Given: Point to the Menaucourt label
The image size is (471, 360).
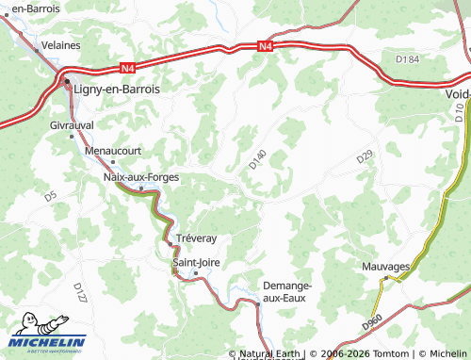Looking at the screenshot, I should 112,149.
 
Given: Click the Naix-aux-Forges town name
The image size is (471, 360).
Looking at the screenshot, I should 140,176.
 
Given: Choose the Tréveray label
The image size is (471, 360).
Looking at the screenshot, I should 196,237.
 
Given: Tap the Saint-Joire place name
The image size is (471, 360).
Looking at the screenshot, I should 196,263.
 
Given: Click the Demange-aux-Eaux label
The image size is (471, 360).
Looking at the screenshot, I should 286,290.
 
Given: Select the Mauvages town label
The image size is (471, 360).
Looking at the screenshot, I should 386,267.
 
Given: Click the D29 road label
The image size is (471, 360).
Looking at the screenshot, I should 365,159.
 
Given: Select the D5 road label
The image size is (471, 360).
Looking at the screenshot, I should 50,196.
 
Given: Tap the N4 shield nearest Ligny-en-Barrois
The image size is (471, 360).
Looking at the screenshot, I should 126,67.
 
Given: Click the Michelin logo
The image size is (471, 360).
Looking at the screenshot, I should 47,333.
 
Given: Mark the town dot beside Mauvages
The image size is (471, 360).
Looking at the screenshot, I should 385,278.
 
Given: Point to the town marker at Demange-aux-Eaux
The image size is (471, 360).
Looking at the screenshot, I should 257,303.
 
